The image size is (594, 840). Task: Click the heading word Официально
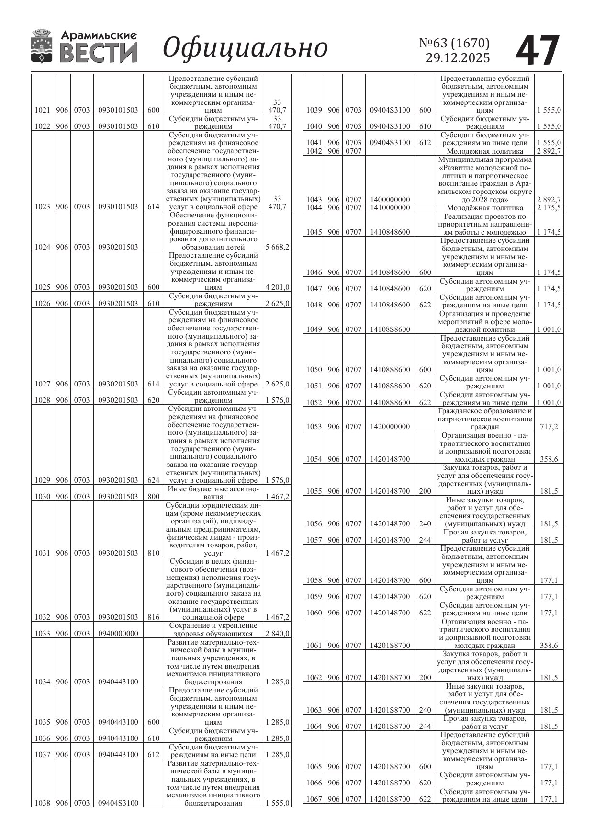[245, 48]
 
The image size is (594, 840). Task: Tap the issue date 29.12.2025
[458, 58]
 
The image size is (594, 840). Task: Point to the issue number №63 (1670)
[454, 43]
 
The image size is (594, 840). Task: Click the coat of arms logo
[42, 46]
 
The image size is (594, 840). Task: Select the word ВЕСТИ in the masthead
[98, 54]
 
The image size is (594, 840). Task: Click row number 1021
[43, 110]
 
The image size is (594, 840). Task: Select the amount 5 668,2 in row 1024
[277, 247]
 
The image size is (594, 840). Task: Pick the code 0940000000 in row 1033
[118, 633]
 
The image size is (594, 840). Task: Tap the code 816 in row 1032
[153, 617]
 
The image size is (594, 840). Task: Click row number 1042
[314, 151]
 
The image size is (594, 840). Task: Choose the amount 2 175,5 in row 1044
[549, 208]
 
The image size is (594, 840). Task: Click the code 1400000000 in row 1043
[390, 199]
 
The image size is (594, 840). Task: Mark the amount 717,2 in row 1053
[549, 427]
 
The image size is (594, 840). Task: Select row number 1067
[314, 799]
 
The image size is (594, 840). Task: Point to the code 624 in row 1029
[153, 480]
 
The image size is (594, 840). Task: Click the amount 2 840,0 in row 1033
[277, 633]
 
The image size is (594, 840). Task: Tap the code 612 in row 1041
[425, 143]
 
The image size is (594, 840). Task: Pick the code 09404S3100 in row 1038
[118, 803]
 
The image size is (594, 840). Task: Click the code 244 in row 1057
[425, 540]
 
